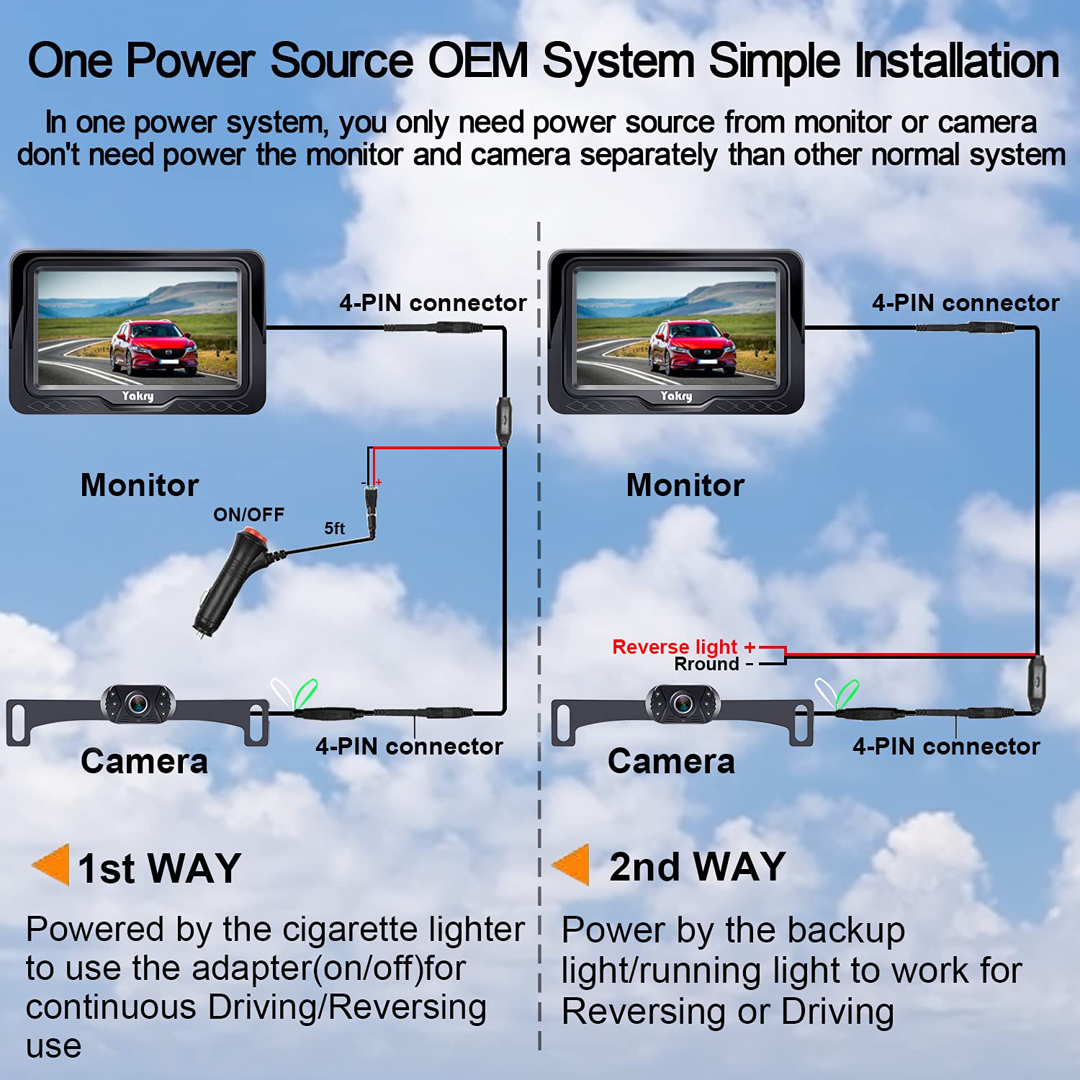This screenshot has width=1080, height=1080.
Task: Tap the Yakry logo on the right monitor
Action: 676,396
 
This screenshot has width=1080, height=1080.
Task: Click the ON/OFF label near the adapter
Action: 248,515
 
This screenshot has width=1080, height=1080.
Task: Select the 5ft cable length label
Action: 334,528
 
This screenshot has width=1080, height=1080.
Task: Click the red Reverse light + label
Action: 683,647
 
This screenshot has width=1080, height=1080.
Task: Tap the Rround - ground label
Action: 713,665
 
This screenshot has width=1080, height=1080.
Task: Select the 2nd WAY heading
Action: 696,866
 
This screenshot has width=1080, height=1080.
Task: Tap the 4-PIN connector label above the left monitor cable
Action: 433,303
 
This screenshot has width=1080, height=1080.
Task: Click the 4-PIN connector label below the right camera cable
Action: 946,747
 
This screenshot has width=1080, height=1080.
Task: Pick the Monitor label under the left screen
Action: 140,485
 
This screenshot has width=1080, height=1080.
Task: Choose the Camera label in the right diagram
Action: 671,762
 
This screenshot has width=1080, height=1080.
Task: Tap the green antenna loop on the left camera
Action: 305,694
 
